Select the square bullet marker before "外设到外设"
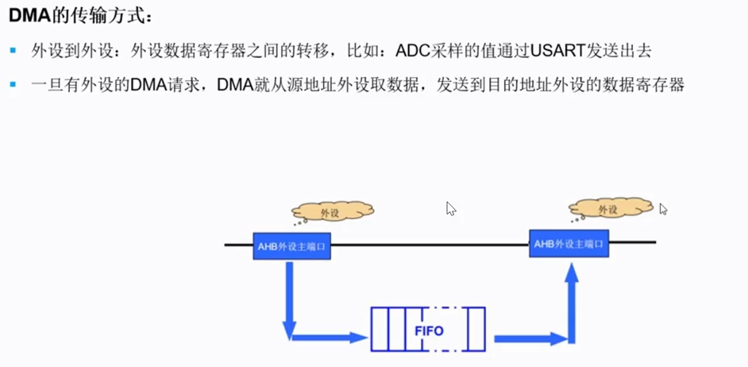13,52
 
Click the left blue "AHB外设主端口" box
291,246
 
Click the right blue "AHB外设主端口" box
569,244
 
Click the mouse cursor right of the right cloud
663,209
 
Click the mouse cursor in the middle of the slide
451,208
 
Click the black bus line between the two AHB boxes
429,245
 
